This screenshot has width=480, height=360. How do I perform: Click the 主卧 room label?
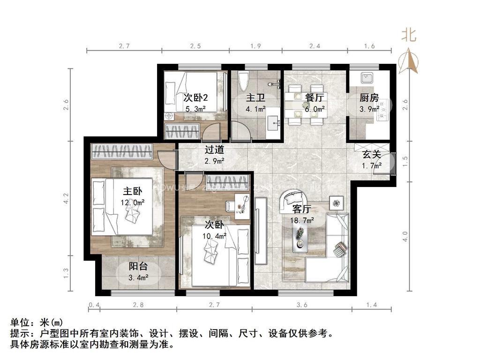[x=132, y=191]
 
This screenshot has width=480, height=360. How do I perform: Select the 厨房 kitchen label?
[x=369, y=98]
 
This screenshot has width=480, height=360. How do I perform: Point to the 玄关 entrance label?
[x=372, y=155]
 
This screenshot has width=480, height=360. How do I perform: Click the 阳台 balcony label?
[x=138, y=266]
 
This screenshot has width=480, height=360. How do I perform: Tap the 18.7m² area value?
[x=303, y=219]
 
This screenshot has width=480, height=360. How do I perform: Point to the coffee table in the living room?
[x=300, y=237]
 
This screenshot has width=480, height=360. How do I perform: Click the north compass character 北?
[x=408, y=35]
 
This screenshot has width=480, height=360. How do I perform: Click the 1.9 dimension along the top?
[x=255, y=46]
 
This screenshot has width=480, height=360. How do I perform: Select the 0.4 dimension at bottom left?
[x=94, y=305]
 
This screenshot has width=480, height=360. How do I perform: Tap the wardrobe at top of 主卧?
[x=122, y=151]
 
